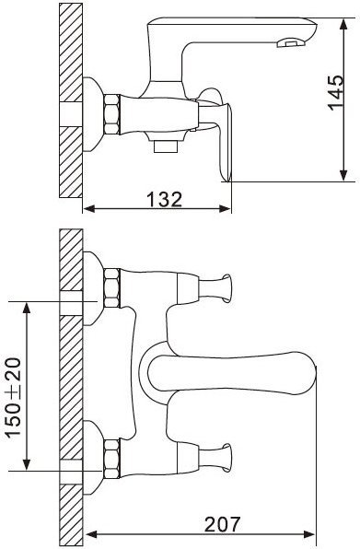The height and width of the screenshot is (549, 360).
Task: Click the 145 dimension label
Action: click(x=336, y=93)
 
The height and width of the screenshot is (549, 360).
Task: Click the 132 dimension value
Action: click(x=164, y=200)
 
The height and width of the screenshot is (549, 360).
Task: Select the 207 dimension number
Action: click(x=223, y=524)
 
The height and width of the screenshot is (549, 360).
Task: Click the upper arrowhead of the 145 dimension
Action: click(x=343, y=24)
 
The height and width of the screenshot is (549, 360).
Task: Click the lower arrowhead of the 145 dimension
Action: click(x=343, y=176)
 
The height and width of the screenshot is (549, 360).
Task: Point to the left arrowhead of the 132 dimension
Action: click(x=89, y=209)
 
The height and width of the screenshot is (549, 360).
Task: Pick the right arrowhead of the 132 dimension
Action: click(x=225, y=209)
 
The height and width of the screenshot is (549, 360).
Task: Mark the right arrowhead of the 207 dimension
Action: click(x=309, y=534)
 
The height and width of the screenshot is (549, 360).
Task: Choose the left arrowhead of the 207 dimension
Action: click(x=91, y=534)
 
